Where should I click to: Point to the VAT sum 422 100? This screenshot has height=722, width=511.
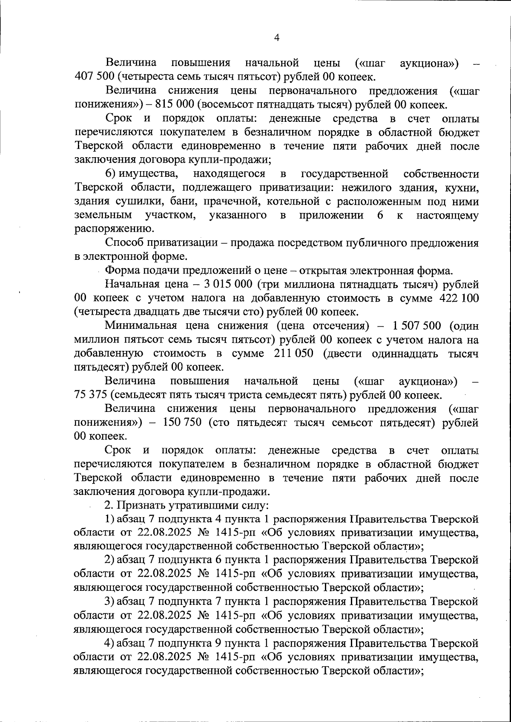[459, 298]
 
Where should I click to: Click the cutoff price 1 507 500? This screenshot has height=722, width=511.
[416, 326]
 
